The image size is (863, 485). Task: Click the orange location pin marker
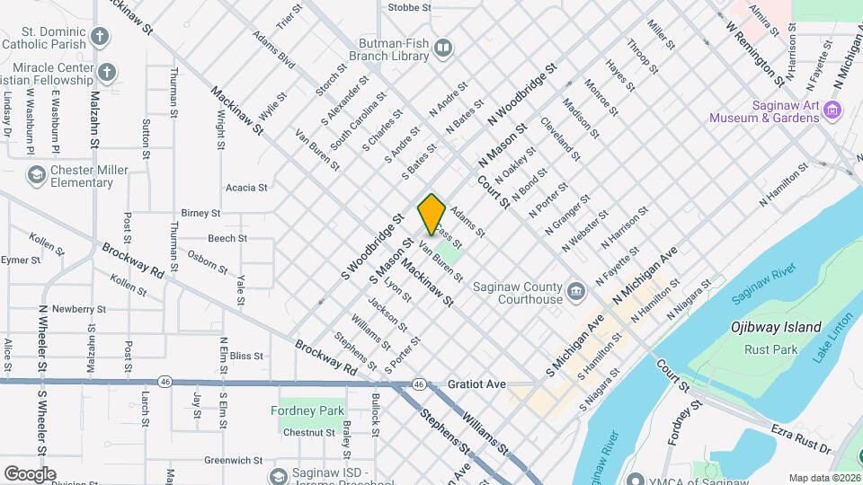coord(431,214)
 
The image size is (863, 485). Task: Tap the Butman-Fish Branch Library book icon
coord(443,48)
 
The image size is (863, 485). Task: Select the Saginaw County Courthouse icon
coord(575,291)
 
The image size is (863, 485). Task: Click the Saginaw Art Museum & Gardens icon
coord(832,110)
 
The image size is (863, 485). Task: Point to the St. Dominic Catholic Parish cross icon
coord(100,38)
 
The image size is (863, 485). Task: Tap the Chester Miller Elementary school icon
coord(37,174)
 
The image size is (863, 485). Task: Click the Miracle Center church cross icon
coord(107,72)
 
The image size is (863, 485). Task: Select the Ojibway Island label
coord(776,327)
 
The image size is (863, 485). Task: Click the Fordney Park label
coord(307,410)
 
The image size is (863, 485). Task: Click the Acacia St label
coord(246,188)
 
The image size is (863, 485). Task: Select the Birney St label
coord(200,213)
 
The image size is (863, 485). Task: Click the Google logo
coord(30,473)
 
